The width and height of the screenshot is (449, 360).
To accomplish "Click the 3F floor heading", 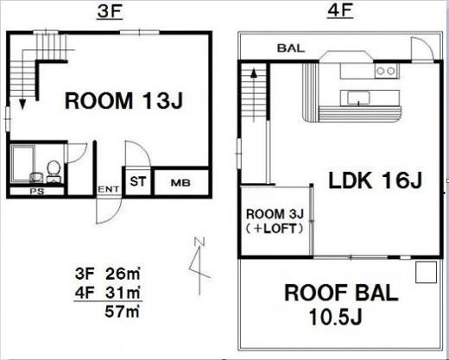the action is click(110, 12).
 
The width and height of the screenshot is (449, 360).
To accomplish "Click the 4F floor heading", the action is click(340, 12).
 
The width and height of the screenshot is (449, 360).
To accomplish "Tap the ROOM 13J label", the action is click(123, 101).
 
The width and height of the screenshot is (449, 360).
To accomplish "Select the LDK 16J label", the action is click(376, 180).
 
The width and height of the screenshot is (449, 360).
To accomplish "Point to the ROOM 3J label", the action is click(275, 214).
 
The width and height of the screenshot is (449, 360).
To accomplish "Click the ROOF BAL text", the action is click(341, 293).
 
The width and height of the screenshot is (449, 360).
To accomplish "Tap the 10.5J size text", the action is click(335, 317).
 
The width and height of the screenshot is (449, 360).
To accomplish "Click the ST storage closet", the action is click(138, 181).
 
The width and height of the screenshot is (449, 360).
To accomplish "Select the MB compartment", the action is click(181, 182).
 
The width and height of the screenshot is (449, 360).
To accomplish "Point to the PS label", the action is click(37, 191).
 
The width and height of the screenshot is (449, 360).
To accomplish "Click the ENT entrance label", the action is click(109, 189).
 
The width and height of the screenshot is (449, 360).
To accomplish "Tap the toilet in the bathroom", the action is click(54, 171).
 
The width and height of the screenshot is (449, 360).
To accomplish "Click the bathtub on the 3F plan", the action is click(22, 163).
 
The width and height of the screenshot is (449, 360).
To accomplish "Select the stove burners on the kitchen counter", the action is click(386, 71).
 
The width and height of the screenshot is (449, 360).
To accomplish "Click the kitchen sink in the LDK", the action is click(358, 98).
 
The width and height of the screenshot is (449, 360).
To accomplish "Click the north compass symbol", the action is click(199, 265).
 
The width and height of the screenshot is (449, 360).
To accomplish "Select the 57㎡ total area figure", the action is click(123, 311).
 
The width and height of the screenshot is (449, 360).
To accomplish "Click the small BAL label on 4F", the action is click(291, 48).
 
